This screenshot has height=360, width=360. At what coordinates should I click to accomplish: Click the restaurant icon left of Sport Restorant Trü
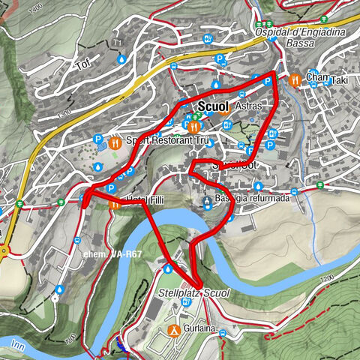(115, 140)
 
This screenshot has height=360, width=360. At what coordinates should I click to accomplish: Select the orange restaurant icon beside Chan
(296, 78)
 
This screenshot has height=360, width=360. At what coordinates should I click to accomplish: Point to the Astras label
(248, 106)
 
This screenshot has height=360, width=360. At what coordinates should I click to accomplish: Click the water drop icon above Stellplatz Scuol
(169, 268)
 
